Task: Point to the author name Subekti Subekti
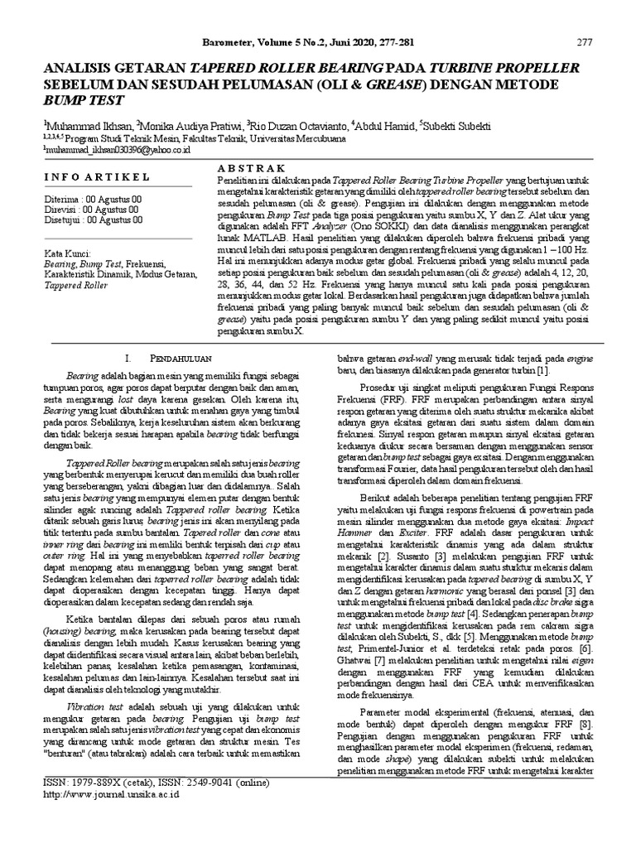pyautogui.click(x=455, y=124)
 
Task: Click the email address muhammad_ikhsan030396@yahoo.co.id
pyautogui.click(x=118, y=149)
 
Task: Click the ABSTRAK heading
pyautogui.click(x=248, y=167)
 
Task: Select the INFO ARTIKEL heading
pyautogui.click(x=96, y=176)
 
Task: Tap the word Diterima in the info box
pyautogui.click(x=60, y=200)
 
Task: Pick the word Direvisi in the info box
pyautogui.click(x=60, y=210)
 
